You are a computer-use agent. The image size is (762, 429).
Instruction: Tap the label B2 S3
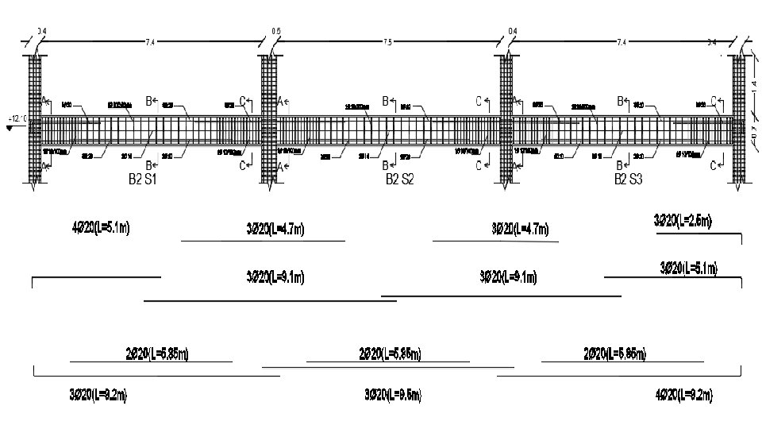click(629, 180)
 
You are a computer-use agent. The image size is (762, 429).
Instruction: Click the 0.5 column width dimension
click(276, 31)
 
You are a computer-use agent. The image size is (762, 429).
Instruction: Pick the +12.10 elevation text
click(17, 119)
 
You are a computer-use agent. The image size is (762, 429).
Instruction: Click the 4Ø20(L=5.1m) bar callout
click(101, 228)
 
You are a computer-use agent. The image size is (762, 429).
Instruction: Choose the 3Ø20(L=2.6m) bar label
click(683, 220)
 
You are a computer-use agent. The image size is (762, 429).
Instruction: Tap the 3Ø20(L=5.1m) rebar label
click(689, 268)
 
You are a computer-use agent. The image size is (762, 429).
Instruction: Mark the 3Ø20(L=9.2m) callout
click(98, 394)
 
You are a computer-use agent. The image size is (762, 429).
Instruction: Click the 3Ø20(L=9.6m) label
click(392, 394)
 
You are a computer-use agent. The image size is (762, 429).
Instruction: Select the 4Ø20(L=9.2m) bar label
click(683, 394)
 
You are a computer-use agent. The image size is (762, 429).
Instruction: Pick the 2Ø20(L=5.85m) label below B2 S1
click(157, 353)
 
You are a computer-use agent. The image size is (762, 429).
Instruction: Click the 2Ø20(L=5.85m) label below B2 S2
click(390, 353)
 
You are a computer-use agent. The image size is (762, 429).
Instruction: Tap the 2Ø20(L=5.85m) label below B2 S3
click(614, 353)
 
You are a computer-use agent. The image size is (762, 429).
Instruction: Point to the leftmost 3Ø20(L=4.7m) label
click(275, 230)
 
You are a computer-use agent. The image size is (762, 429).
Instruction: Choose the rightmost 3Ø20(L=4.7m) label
click(520, 230)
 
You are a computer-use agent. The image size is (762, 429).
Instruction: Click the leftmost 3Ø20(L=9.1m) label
click(275, 277)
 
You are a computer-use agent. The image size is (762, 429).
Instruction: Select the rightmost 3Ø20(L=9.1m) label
click(508, 277)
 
